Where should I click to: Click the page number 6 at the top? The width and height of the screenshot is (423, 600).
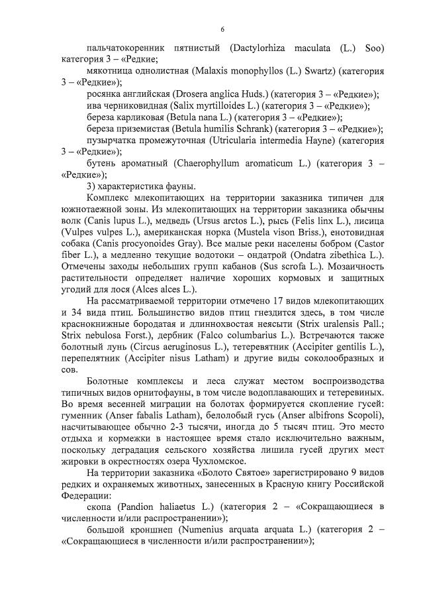click(222, 29)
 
